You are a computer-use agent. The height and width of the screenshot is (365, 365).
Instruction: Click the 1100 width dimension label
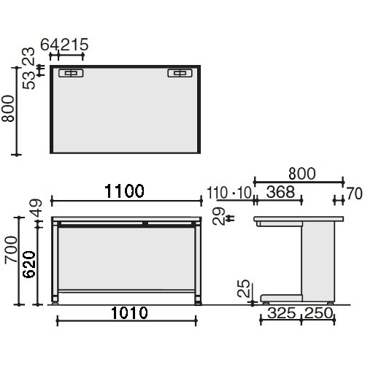point(124,191)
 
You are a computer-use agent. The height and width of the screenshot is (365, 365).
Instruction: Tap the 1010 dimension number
point(129,313)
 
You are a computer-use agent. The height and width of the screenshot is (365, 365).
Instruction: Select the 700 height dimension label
point(12,250)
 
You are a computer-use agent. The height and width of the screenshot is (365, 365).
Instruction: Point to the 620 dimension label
point(29,264)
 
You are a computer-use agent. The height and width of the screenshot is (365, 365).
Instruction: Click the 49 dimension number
point(36,208)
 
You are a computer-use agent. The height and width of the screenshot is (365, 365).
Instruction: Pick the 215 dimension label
point(74,45)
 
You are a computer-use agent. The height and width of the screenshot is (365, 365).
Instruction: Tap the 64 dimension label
point(50,45)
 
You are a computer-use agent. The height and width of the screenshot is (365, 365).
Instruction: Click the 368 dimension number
point(280,192)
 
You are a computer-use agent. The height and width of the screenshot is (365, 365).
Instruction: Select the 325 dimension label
point(282,313)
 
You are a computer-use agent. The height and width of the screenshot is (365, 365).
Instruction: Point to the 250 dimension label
point(318,313)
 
